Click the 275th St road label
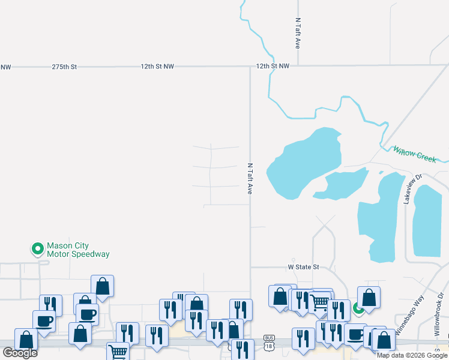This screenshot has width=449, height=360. [64, 67]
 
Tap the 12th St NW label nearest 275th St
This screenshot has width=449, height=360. [157, 67]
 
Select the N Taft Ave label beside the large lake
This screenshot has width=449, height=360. [250, 178]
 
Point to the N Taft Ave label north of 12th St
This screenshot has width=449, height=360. [298, 33]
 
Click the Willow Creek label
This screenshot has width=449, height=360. [414, 154]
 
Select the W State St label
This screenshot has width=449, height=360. [304, 266]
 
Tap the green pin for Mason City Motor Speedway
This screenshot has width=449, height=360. [37, 248]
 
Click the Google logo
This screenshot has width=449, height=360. [20, 353]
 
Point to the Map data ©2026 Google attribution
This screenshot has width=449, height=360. [412, 355]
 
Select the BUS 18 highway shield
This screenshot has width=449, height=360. [269, 343]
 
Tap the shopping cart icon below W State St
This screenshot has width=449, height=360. [321, 300]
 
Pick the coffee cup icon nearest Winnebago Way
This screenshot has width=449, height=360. [355, 333]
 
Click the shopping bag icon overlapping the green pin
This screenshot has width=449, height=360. [369, 296]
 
